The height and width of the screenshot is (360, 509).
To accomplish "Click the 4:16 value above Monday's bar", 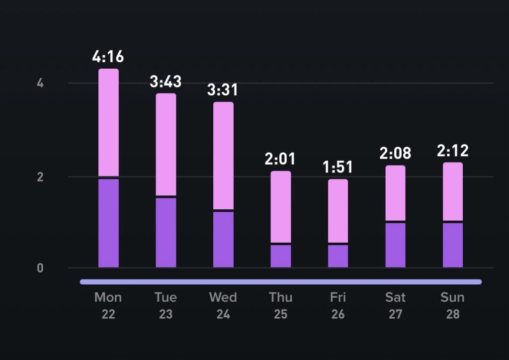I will pyautogui.click(x=108, y=56).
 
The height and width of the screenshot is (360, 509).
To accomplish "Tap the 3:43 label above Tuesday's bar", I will pyautogui.click(x=166, y=81).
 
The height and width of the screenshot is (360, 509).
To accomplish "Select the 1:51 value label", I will pyautogui.click(x=338, y=167).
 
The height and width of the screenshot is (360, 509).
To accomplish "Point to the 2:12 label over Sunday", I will pyautogui.click(x=453, y=150).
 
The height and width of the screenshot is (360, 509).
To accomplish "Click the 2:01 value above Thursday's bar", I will pyautogui.click(x=280, y=159).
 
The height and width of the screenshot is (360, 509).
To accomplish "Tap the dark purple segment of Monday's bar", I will pyautogui.click(x=108, y=223).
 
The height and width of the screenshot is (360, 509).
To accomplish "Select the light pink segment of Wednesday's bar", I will pyautogui.click(x=223, y=155).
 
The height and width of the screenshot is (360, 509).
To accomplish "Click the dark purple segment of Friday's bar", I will pyautogui.click(x=338, y=256).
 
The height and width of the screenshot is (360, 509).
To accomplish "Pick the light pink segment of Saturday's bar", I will pyautogui.click(x=396, y=192).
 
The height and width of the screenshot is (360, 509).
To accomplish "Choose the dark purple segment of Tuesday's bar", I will pyautogui.click(x=166, y=233).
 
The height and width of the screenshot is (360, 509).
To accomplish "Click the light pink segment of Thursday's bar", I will pyautogui.click(x=281, y=206).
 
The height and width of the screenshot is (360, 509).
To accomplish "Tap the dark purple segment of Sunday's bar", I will pyautogui.click(x=453, y=245).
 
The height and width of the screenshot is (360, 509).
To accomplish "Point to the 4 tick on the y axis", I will pyautogui.click(x=40, y=83).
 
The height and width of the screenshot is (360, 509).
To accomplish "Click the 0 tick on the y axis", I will pyautogui.click(x=40, y=269).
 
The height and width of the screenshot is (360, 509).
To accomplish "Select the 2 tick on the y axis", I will pyautogui.click(x=40, y=177).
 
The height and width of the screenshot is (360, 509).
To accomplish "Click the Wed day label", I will pyautogui.click(x=223, y=297).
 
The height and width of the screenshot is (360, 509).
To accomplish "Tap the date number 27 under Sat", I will pyautogui.click(x=395, y=315).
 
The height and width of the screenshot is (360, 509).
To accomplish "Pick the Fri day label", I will pyautogui.click(x=338, y=297).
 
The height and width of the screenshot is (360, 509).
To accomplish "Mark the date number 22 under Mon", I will pyautogui.click(x=108, y=315).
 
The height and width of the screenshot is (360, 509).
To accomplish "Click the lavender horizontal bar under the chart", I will pyautogui.click(x=281, y=282).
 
